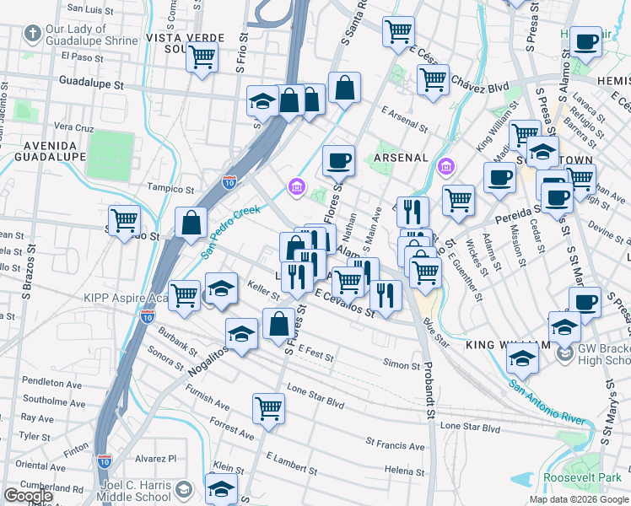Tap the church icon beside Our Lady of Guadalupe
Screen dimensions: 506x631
pos(32,35)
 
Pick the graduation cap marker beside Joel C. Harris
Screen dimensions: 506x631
pos(221,487)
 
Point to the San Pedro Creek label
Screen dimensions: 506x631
pos(230,231)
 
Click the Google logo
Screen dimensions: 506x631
pos(28,496)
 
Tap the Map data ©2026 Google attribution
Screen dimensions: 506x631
pos(579,499)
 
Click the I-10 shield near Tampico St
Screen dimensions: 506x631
pos(229,181)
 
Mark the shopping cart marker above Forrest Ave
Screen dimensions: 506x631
pos(268,408)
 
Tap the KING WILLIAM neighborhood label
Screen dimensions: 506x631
pos(497,346)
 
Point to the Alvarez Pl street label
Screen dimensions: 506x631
pos(159,459)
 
